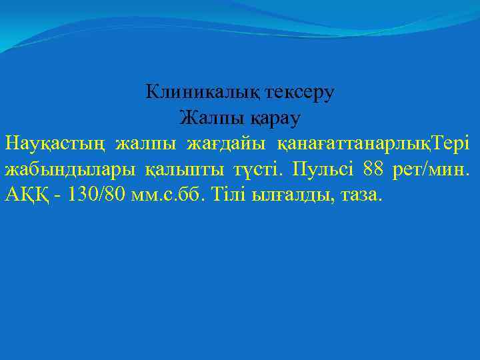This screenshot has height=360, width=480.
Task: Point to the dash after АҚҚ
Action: click(61, 195)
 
